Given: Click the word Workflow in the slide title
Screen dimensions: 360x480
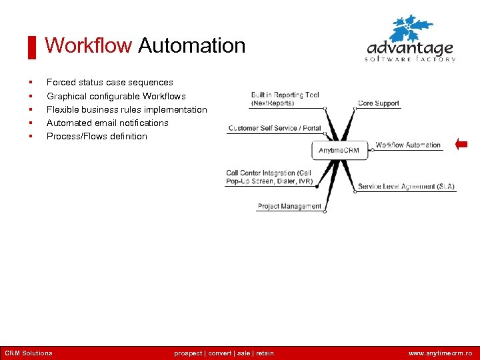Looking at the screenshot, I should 89,46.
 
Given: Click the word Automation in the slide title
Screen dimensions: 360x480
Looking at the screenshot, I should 192,46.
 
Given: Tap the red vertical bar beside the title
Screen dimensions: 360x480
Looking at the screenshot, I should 31,47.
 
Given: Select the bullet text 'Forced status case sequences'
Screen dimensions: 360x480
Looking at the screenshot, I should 109,83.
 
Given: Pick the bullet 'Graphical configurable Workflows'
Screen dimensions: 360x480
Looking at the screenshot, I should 116,96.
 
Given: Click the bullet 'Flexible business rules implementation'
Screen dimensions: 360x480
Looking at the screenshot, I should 127,109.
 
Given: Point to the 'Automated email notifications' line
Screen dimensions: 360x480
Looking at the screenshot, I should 107,123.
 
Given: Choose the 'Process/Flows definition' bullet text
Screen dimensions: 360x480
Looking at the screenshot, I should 97,136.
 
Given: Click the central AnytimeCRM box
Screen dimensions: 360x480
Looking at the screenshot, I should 339,150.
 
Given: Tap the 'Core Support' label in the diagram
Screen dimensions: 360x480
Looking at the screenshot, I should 378,103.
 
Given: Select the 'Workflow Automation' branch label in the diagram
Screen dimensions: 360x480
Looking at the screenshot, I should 408,145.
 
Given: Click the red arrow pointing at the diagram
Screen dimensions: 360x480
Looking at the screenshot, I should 461,144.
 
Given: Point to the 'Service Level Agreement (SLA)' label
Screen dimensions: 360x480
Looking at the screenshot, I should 406,187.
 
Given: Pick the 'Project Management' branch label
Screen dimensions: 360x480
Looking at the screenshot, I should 289,207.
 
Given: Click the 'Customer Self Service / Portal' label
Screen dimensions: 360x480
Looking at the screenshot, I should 275,128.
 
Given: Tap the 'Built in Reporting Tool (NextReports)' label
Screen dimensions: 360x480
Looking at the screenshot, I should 285,99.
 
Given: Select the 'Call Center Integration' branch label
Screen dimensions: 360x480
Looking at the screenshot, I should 269,177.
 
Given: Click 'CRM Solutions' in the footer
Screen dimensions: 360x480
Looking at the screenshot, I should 28,353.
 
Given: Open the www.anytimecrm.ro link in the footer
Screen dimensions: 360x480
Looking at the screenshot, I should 441,353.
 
